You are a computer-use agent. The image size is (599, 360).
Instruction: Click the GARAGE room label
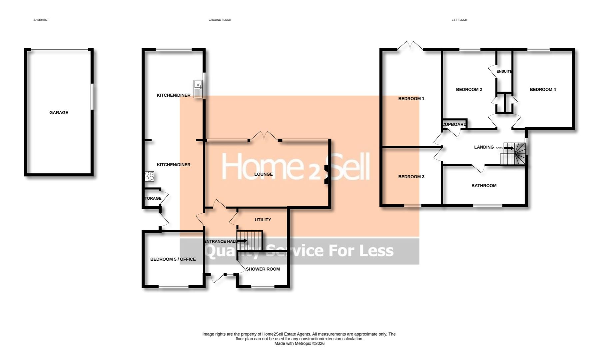[x=59, y=113]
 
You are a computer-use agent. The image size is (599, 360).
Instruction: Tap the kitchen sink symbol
[x=198, y=89]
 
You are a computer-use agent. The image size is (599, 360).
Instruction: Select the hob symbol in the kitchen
[x=150, y=176]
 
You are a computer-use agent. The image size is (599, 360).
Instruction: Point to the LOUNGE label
[x=264, y=174]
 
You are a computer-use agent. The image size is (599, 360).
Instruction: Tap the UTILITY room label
[x=263, y=220]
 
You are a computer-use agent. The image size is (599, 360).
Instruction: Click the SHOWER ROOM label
[x=263, y=269]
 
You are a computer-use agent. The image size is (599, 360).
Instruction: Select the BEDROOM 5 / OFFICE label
[x=173, y=259]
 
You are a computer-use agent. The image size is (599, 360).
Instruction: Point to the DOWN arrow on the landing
[x=508, y=148]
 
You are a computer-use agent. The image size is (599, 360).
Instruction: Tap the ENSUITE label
[x=504, y=71]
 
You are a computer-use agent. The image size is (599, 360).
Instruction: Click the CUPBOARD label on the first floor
[x=454, y=124]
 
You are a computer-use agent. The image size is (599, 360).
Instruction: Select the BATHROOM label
[x=484, y=186]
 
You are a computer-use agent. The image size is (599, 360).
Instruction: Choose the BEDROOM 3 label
[x=411, y=177]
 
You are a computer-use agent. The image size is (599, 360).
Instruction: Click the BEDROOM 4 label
[x=543, y=89]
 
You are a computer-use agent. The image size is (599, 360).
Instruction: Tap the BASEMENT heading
[x=41, y=20]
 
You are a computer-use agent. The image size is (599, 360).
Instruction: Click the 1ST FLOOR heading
[x=459, y=20]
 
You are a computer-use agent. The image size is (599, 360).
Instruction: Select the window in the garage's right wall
[x=92, y=96]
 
